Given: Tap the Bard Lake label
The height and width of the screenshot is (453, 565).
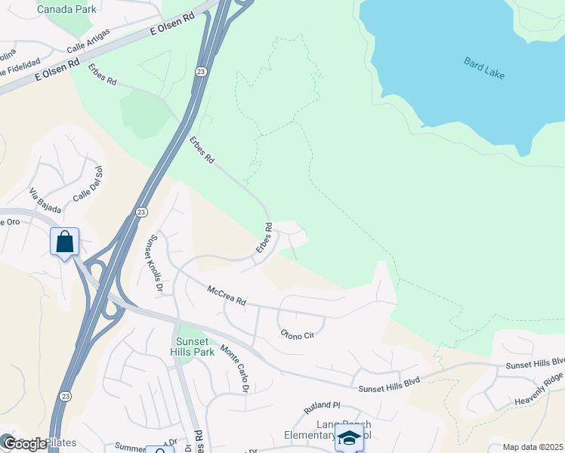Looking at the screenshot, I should coord(484,68).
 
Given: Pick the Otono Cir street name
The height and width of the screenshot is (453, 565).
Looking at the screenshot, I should coord(297,334).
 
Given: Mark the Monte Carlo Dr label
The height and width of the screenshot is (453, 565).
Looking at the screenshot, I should coord(235,368).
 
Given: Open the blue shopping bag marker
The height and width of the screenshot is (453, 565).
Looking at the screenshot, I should coord(65,242).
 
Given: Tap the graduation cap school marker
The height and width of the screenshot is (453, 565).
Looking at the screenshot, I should coord(349,438).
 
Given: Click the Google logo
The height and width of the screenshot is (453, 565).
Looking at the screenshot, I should coord(24,444).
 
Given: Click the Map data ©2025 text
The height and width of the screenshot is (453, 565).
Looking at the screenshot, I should coord(533,447).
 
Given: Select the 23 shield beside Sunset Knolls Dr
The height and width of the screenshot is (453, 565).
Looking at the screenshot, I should coord(141,214).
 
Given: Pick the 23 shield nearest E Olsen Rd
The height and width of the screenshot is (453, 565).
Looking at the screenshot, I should coord(200,72).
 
